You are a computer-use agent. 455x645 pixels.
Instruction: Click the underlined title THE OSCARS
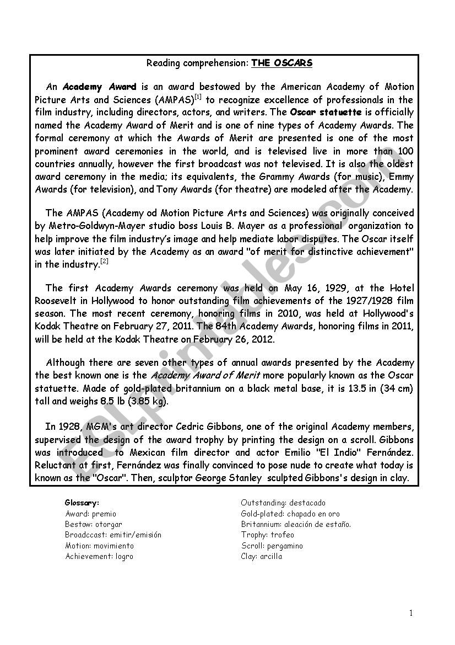pos(281,63)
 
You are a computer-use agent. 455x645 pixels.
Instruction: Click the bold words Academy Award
pos(99,87)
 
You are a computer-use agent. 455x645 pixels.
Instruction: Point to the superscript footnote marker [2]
pos(104,262)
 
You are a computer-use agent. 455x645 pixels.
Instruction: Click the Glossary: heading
pos(82,503)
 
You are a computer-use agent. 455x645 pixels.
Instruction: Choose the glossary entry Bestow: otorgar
pos(93,524)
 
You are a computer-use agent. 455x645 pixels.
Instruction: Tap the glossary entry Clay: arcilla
pos(262,556)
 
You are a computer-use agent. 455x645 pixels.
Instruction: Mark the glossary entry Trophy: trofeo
pos(268,535)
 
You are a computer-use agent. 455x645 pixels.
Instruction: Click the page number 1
pos(411,613)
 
